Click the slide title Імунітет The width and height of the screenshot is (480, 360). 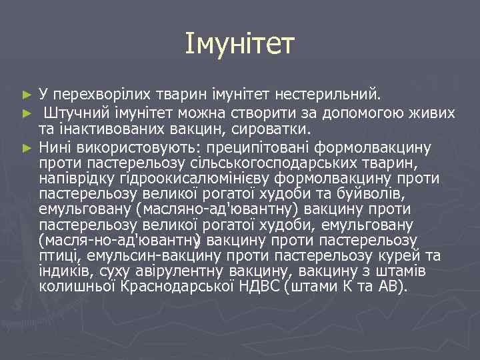[x=240, y=46]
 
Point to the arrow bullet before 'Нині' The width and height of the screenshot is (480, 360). [x=26, y=145]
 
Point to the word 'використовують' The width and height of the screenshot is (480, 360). [x=141, y=145]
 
